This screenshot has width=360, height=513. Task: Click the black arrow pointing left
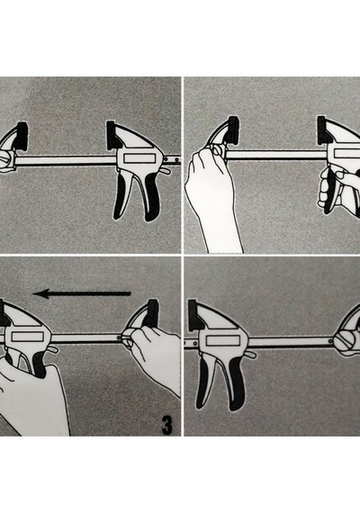[82, 293]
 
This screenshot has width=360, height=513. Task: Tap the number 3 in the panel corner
[166, 425]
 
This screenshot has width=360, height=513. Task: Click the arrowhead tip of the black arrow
[33, 293]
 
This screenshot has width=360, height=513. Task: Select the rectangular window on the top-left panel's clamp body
[139, 158]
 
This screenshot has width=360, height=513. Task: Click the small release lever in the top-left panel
[166, 171]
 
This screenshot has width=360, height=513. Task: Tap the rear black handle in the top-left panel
[151, 197]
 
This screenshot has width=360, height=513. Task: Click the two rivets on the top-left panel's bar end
[173, 159]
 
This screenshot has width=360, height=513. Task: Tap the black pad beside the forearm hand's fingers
[233, 130]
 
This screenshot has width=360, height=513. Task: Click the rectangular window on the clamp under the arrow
[28, 337]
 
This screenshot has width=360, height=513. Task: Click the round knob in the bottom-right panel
[346, 342]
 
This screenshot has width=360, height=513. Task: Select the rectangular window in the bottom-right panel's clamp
[221, 341]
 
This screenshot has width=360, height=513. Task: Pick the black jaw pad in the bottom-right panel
[194, 314]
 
